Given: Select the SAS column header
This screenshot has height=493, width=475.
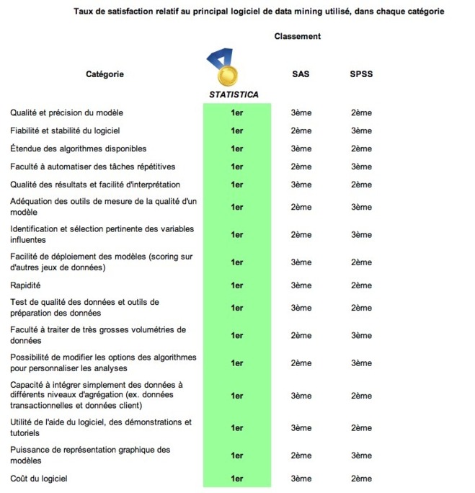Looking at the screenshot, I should tap(301, 74).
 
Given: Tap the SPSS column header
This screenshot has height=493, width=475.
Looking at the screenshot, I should tap(361, 74).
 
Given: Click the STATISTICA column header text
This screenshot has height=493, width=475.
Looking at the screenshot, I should tap(234, 94).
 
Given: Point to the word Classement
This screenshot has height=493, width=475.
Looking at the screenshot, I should tap(298, 36).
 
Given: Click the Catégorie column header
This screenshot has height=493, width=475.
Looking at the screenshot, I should tap(105, 74).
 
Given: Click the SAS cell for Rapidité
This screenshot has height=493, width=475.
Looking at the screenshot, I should tap(301, 285).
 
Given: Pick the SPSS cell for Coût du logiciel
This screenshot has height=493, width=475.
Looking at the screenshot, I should tap(361, 478).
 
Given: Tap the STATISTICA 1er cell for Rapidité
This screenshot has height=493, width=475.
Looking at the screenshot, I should tap(236, 285).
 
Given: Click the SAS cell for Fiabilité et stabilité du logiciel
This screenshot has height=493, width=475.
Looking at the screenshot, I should tap(301, 130).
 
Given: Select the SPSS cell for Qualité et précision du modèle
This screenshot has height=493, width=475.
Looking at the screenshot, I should tap(361, 112).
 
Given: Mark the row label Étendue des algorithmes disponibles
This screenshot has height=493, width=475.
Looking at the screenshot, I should tap(78, 148).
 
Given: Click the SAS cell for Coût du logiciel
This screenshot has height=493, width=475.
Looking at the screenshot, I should tap(301, 478).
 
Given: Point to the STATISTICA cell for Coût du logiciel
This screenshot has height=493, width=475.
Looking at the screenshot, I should tap(236, 478).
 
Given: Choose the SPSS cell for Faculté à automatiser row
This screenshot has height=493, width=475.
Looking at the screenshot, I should tap(361, 166).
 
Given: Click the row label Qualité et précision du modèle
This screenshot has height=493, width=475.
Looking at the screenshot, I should tap(66, 112).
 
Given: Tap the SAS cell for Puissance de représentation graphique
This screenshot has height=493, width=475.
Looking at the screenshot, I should tap(301, 456).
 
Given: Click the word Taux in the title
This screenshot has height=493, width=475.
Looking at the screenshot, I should tap(85, 12).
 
